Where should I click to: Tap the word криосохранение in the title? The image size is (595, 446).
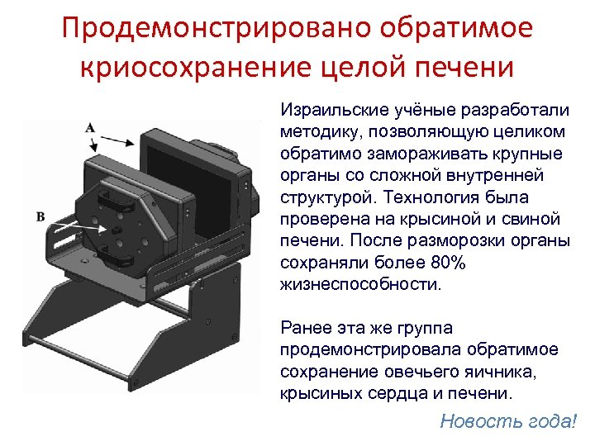192,66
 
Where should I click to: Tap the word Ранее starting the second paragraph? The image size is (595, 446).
305,329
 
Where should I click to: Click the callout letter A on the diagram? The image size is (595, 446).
88,128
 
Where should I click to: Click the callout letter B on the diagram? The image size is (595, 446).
39,216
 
